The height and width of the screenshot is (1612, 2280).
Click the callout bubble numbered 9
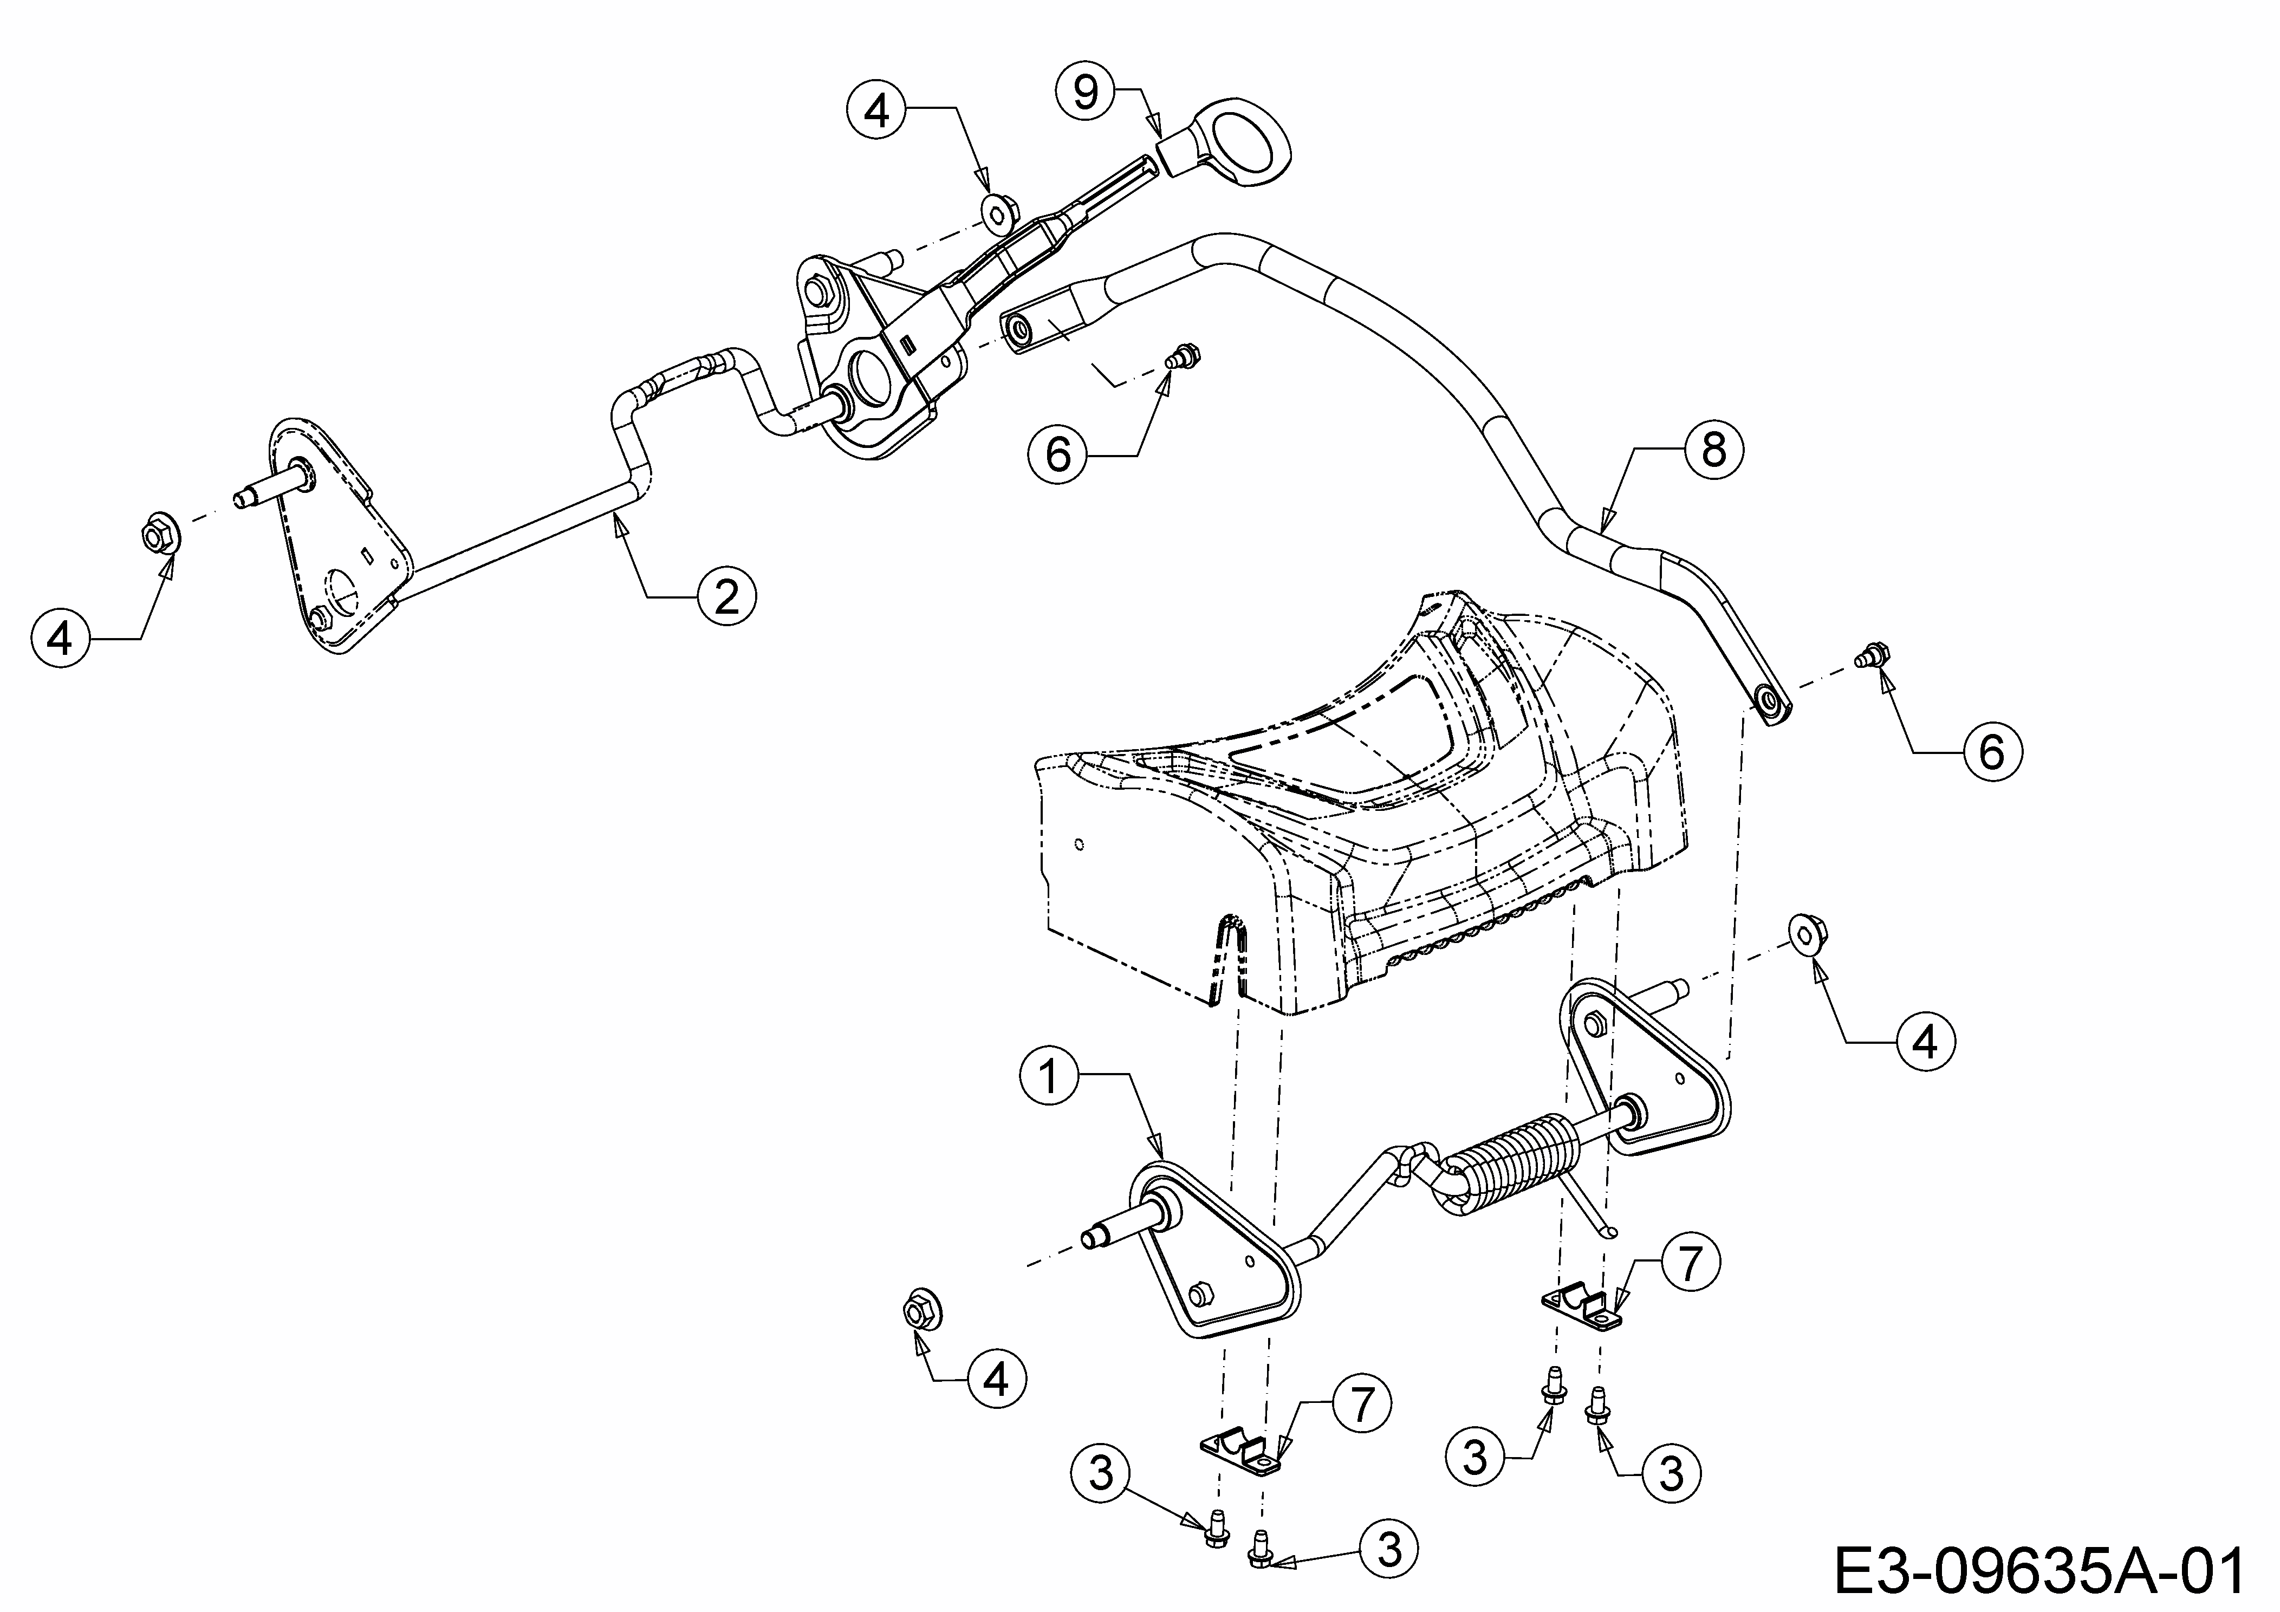1087,92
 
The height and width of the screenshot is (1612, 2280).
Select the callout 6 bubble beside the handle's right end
1992,752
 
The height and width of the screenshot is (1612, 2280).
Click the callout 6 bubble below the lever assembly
1058,455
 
